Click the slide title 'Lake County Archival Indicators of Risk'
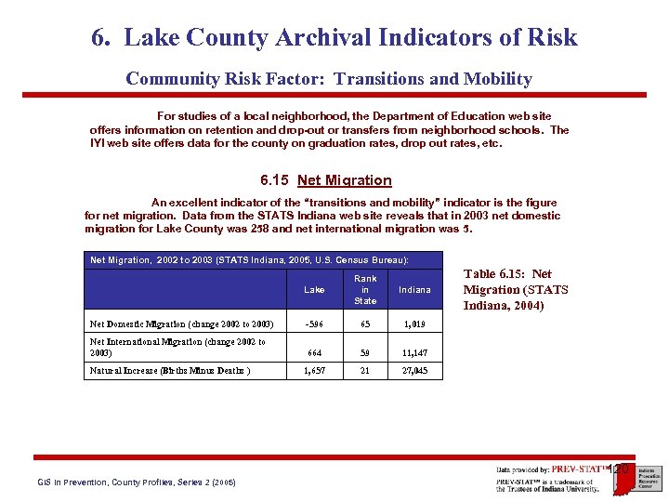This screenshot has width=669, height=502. [x=334, y=38]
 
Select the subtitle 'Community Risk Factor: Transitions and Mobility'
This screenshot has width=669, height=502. [x=329, y=79]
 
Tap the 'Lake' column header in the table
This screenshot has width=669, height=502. [x=314, y=290]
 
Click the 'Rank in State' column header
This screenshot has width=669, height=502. [x=365, y=289]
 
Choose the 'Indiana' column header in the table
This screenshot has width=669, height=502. [x=414, y=290]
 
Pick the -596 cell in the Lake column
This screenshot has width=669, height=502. [x=314, y=324]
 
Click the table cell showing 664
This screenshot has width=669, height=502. [x=314, y=353]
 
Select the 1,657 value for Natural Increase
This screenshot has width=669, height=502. [x=314, y=371]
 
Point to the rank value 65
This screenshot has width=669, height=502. [x=365, y=324]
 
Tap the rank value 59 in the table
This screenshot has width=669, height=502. [x=365, y=353]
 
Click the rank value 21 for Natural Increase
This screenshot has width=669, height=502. [x=365, y=371]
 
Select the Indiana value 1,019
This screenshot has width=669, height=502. [x=414, y=324]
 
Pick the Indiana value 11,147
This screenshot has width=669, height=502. [x=414, y=353]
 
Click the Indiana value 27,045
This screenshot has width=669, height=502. [x=414, y=371]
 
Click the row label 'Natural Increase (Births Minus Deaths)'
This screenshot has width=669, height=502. [x=169, y=371]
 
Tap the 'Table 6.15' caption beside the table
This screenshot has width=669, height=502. [x=515, y=289]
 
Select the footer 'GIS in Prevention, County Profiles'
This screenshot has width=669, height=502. [x=136, y=482]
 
